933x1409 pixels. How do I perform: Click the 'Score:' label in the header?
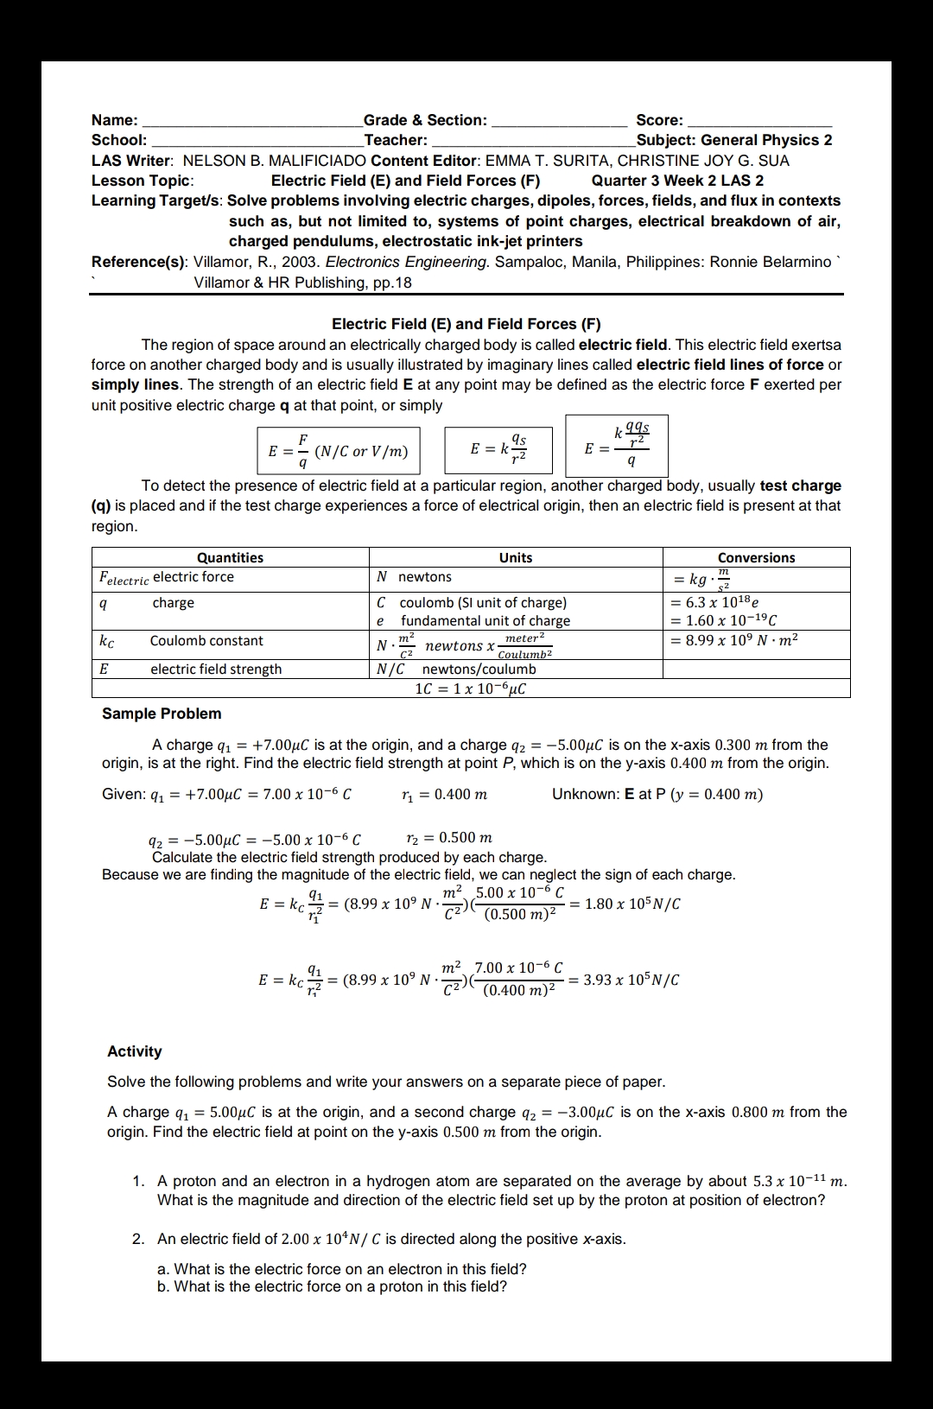659,120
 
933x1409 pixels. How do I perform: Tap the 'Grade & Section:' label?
425,120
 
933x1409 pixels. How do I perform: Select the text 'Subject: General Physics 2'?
734,140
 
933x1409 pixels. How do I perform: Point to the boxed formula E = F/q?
338,450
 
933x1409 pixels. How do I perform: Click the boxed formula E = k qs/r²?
498,449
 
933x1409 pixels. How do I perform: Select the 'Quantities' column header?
230,558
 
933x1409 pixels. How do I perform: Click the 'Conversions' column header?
756,558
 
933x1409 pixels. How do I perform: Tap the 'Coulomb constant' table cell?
206,641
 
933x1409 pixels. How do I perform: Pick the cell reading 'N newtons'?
415,577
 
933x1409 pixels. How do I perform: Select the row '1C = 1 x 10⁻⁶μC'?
471,689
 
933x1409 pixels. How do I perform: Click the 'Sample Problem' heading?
162,714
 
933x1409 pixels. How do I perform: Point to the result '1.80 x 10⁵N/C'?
632,904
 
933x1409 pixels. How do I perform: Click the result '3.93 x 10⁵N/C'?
632,980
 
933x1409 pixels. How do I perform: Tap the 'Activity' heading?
135,1051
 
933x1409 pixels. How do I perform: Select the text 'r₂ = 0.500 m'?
449,837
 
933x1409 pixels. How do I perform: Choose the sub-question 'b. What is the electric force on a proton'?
332,1286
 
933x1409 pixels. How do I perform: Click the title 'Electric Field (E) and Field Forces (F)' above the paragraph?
466,324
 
